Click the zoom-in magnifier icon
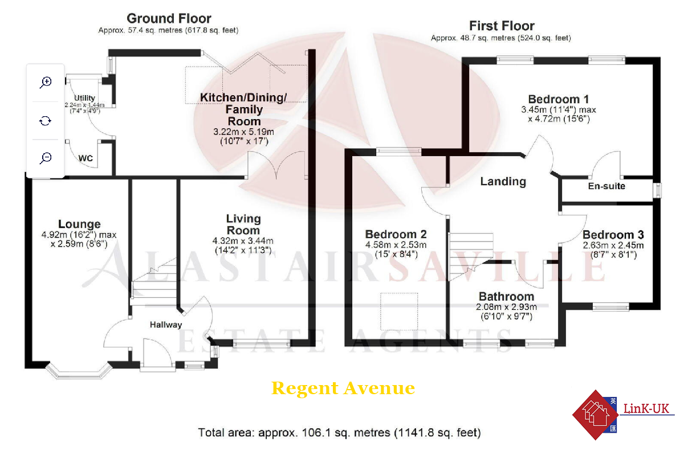click(x=46, y=82)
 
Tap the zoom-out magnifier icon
click(x=46, y=158)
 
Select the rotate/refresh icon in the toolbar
click(x=46, y=120)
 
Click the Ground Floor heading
click(x=169, y=19)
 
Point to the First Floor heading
click(x=502, y=26)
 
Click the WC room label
click(x=86, y=158)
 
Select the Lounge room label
click(x=79, y=224)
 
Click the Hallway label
click(x=166, y=325)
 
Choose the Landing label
click(x=503, y=181)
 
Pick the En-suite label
click(x=606, y=186)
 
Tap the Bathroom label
click(x=506, y=296)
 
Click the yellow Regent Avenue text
click(x=343, y=388)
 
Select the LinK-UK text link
click(x=646, y=408)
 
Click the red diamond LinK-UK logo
click(x=595, y=415)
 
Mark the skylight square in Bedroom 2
click(x=400, y=311)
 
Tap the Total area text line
click(x=339, y=433)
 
